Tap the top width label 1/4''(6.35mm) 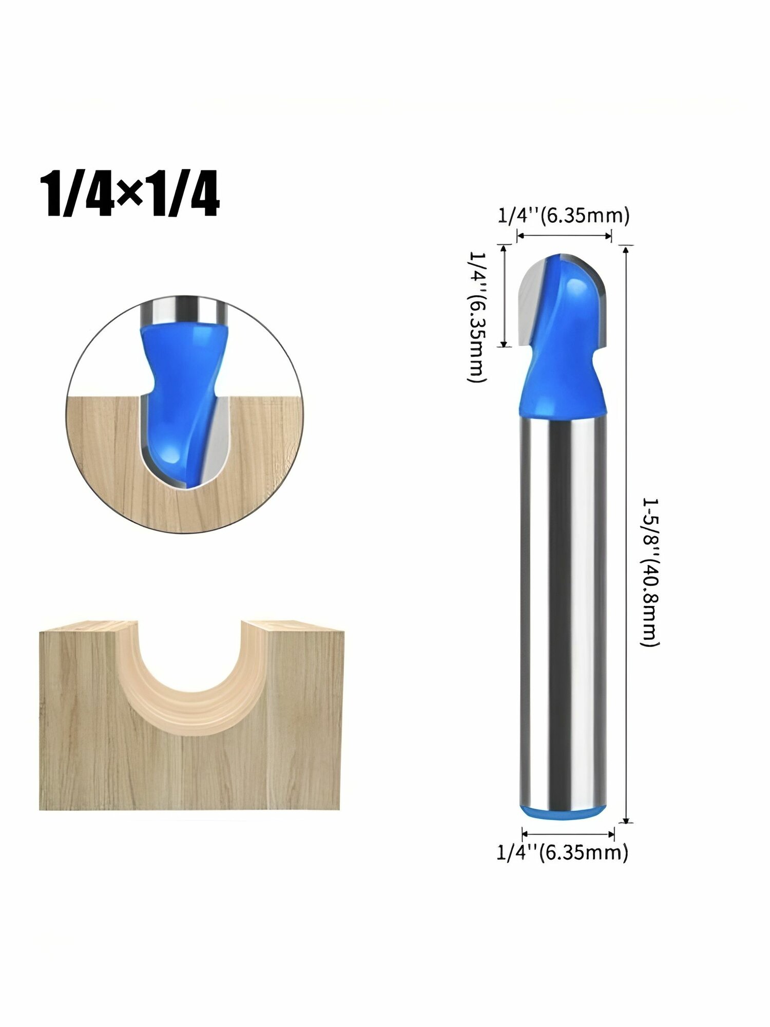[563, 216]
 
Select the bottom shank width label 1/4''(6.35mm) [562, 852]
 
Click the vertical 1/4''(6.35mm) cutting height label [476, 316]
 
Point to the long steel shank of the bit [563, 611]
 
